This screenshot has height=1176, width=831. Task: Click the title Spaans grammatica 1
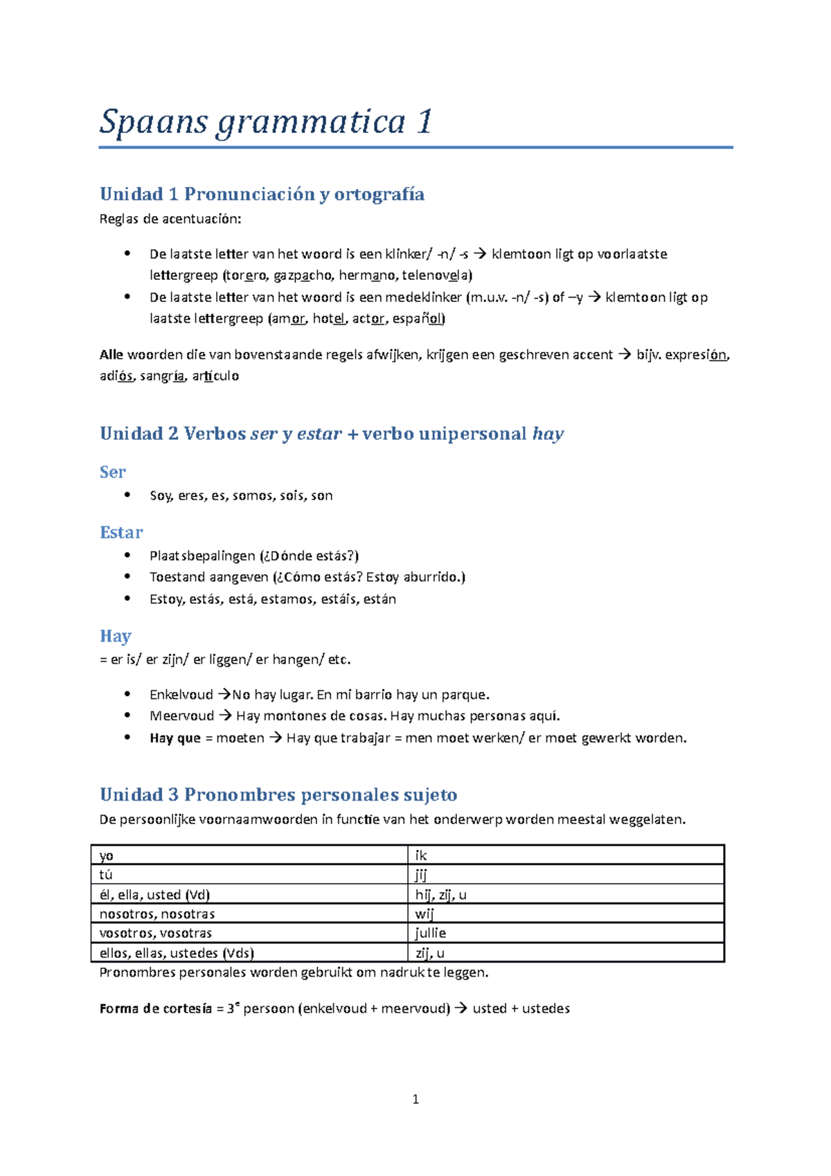(266, 122)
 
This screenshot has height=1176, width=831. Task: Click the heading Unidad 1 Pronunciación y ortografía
(262, 194)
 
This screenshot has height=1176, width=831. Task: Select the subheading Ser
(112, 472)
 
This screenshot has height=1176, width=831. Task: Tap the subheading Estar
(121, 533)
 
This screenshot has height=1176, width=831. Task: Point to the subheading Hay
(115, 636)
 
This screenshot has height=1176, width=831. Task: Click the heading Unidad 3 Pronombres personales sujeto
(278, 794)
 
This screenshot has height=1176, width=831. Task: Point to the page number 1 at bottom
(415, 1099)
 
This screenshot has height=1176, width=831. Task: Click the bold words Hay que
(175, 738)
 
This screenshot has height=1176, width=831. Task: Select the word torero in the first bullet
(246, 276)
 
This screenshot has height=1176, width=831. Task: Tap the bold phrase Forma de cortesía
(156, 1009)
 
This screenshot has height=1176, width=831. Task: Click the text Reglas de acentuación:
(170, 220)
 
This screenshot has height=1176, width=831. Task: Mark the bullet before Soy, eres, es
(127, 495)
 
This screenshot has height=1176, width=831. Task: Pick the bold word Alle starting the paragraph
(111, 355)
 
